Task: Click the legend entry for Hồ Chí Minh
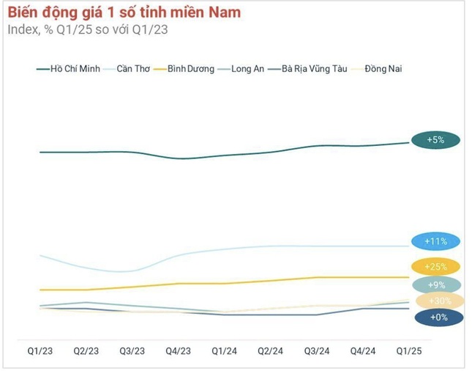point(71,69)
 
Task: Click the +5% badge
point(436,139)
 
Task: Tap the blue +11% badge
point(436,240)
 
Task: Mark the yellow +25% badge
point(436,267)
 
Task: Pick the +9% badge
point(436,284)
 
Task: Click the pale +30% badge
point(439,301)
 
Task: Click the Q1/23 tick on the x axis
point(40,351)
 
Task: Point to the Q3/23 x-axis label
point(132,351)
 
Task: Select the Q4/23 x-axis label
point(178,351)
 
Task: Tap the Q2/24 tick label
point(270,351)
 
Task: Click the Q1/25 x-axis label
point(408,351)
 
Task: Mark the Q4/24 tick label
point(362,351)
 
